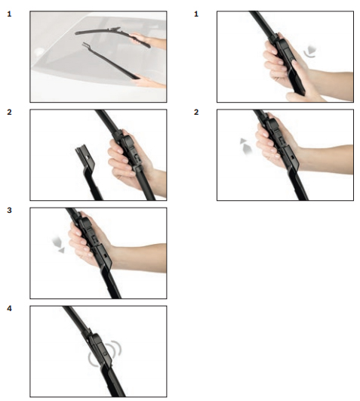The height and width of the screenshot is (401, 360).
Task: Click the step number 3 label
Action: (x=9, y=210)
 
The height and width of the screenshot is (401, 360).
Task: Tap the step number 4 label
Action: (x=9, y=308)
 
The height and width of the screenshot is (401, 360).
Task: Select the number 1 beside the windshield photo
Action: (x=9, y=14)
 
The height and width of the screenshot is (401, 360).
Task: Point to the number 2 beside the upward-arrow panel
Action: (x=196, y=112)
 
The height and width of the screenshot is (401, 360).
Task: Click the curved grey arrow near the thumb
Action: (x=310, y=52)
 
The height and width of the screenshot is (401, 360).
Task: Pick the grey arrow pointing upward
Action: (x=245, y=147)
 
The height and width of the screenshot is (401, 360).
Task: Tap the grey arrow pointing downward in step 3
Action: (x=59, y=245)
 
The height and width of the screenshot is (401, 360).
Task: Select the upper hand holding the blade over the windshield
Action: (x=147, y=41)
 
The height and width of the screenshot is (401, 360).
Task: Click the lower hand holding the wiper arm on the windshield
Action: (x=149, y=82)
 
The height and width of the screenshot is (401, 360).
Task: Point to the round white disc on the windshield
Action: (x=38, y=52)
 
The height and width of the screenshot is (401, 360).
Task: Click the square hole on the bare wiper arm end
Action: (x=88, y=158)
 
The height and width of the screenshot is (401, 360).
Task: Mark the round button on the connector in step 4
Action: (x=105, y=353)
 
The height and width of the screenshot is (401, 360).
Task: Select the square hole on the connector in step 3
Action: (x=105, y=255)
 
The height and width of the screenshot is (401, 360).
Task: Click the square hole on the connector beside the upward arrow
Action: (x=292, y=157)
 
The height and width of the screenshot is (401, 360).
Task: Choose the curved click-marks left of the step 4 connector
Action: (x=91, y=359)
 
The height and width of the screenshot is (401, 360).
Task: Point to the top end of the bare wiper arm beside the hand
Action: (x=81, y=147)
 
